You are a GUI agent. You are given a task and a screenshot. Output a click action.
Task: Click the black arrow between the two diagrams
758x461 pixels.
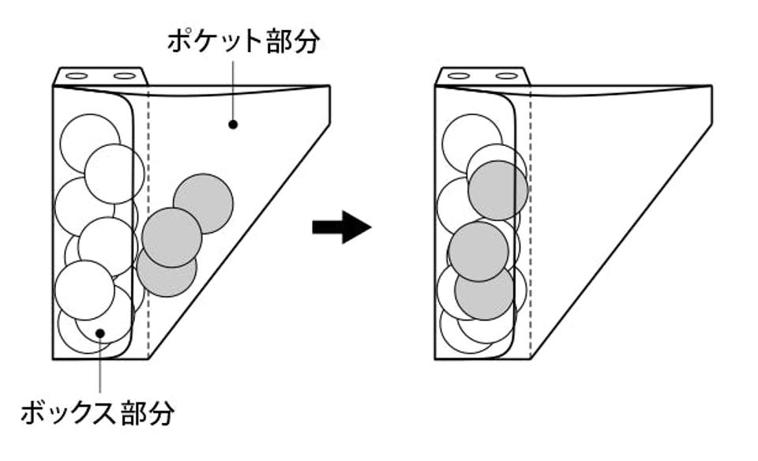pyautogui.click(x=341, y=227)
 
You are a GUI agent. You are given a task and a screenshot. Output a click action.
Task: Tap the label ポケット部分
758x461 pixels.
pyautogui.click(x=243, y=42)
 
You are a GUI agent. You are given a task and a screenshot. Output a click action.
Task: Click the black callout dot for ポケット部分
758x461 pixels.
pyautogui.click(x=233, y=124)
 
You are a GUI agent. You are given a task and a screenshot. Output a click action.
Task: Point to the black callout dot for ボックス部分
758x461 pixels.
pyautogui.click(x=100, y=333)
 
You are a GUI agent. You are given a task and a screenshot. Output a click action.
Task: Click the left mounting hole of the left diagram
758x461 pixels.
pyautogui.click(x=77, y=77)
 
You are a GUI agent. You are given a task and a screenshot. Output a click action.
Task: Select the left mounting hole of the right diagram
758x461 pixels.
pyautogui.click(x=460, y=77)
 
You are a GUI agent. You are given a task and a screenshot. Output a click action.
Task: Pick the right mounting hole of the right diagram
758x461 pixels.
pyautogui.click(x=506, y=77)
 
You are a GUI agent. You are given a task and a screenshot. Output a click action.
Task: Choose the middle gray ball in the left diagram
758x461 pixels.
pyautogui.click(x=171, y=237)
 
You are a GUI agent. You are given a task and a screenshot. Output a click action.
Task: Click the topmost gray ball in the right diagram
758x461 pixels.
pyautogui.click(x=497, y=190)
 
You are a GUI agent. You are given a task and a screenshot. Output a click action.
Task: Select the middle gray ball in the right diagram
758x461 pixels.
pyautogui.click(x=478, y=251)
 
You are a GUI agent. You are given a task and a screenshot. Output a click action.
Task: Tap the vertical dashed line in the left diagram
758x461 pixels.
pyautogui.click(x=148, y=237)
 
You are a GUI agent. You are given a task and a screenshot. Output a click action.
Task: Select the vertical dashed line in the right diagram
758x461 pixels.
pyautogui.click(x=531, y=237)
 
